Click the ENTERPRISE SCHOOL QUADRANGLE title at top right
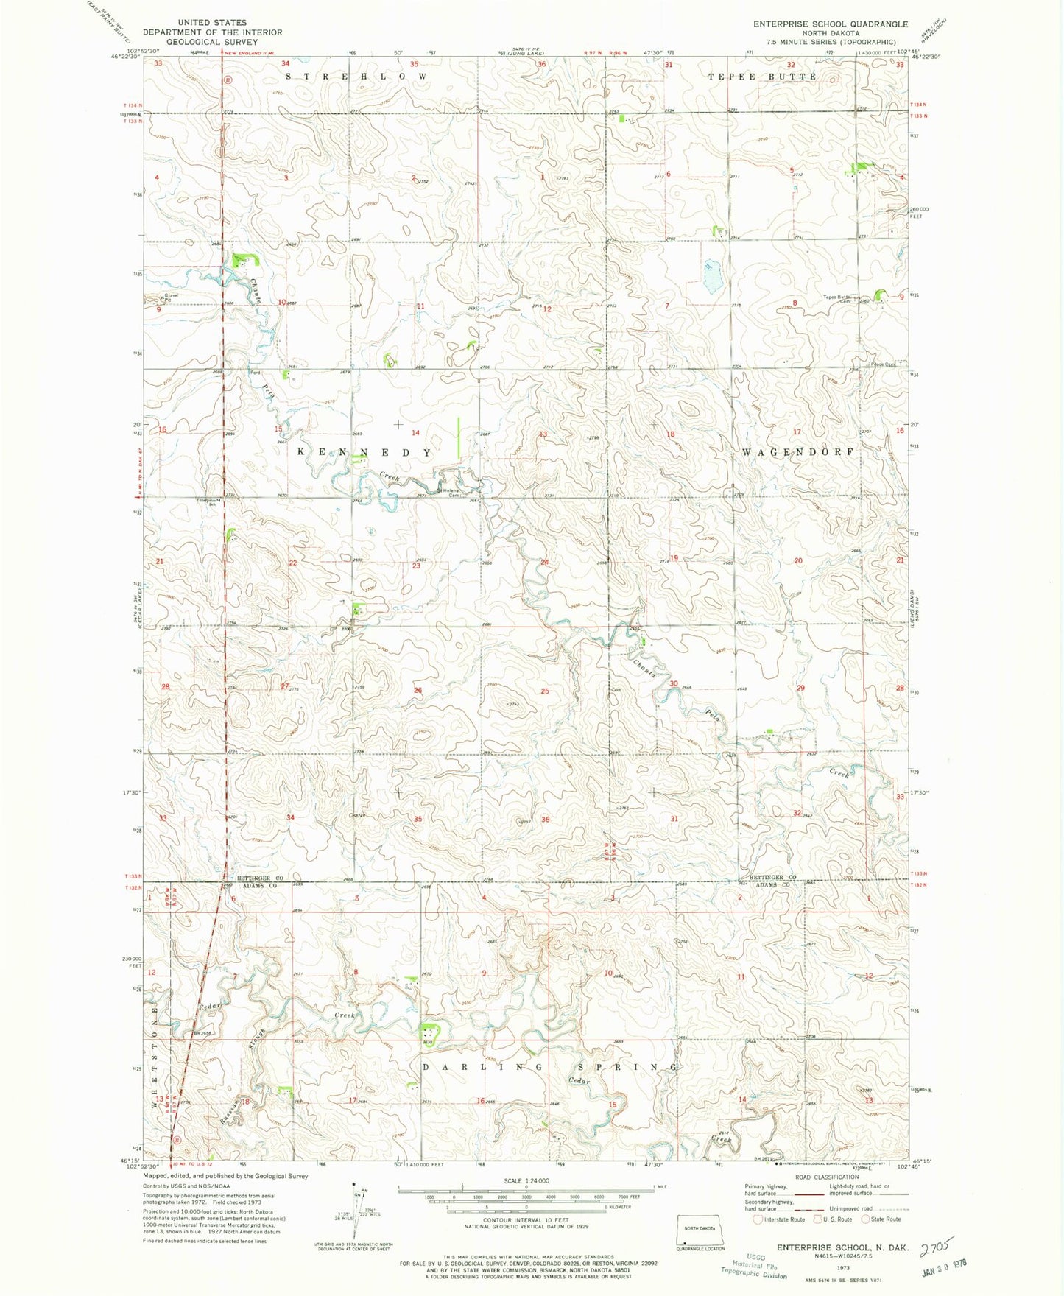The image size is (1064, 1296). point(830,24)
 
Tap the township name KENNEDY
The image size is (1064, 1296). point(364,451)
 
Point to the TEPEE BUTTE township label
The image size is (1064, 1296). point(762,77)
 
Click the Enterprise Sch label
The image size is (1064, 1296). point(207,503)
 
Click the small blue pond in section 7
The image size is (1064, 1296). point(711,275)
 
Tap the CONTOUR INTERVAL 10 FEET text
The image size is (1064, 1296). point(526,1220)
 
